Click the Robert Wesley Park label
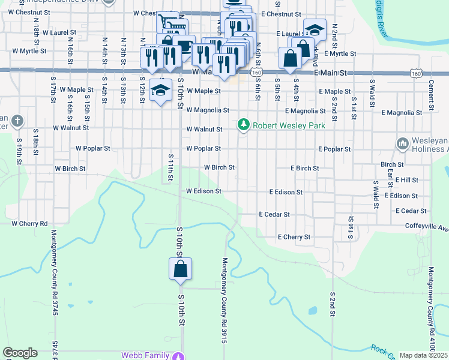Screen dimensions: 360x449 pos(289,125)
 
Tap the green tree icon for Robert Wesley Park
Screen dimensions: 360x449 pos(243,125)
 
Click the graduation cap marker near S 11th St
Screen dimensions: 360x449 pos(160,91)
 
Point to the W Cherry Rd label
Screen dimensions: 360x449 pos(30,223)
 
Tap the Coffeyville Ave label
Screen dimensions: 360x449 pos(426,227)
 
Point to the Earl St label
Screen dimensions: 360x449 pos(390,179)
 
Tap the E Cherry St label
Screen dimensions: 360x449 pos(294,237)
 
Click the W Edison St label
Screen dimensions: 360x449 pos(203,191)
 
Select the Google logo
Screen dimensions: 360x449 pos(20,353)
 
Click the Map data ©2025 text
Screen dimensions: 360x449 pos(423,355)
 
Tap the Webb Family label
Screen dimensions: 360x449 pos(145,355)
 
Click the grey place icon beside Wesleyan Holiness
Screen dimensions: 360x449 pos(402,143)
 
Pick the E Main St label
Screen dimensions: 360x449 pos(332,73)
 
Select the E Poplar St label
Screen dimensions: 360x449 pos(334,148)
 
